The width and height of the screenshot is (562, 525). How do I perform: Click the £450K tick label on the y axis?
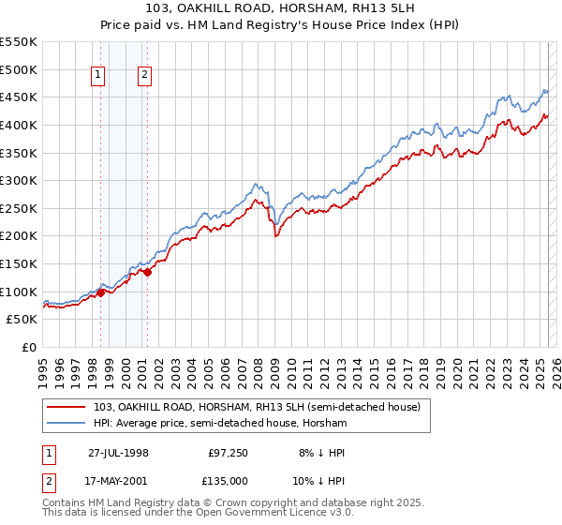coord(19,97)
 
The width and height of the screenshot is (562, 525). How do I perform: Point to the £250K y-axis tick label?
coord(19,208)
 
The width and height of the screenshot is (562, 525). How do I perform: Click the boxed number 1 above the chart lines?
coord(98,77)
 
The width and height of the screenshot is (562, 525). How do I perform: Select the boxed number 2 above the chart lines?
coord(145,77)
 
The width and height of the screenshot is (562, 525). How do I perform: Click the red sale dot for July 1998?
coord(101,292)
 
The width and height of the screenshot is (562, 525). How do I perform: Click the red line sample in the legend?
coord(67,407)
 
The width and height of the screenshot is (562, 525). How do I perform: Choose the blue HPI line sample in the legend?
coord(67,423)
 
